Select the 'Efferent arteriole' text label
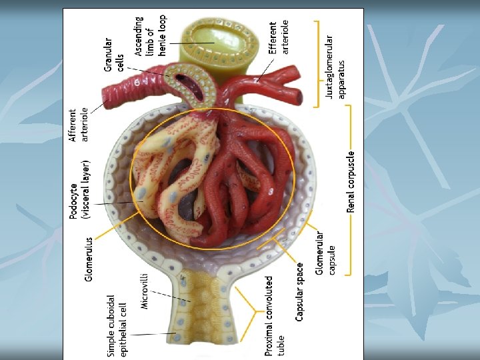pos(279,37)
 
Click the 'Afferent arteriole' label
pos(79,125)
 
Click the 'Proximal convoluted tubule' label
pos(274,315)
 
